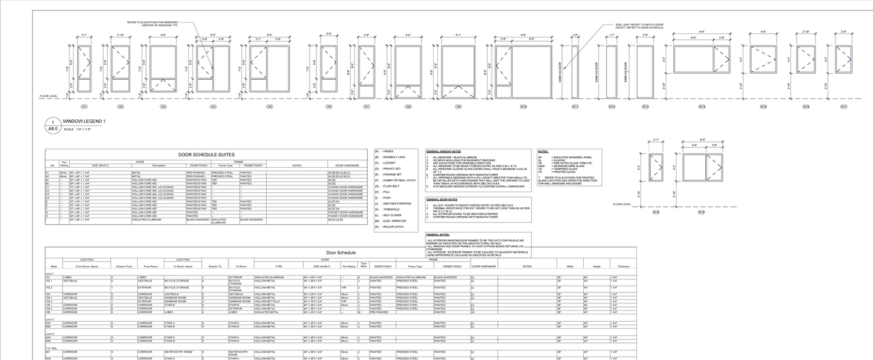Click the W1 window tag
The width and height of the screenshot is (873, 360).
coord(85,107)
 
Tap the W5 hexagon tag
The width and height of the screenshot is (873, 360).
coord(269,107)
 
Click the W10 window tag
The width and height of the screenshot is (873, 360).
coord(524,107)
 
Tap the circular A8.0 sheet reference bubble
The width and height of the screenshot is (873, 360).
coord(53,125)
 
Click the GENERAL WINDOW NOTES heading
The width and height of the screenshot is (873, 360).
coord(443,151)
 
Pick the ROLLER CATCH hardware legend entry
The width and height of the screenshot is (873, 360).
coord(394,227)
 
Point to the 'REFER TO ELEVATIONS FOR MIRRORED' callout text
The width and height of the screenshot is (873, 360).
coord(153,22)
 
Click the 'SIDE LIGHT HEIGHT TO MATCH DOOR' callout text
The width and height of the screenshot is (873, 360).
coord(639,25)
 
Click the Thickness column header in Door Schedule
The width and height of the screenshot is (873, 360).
coord(623,266)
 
